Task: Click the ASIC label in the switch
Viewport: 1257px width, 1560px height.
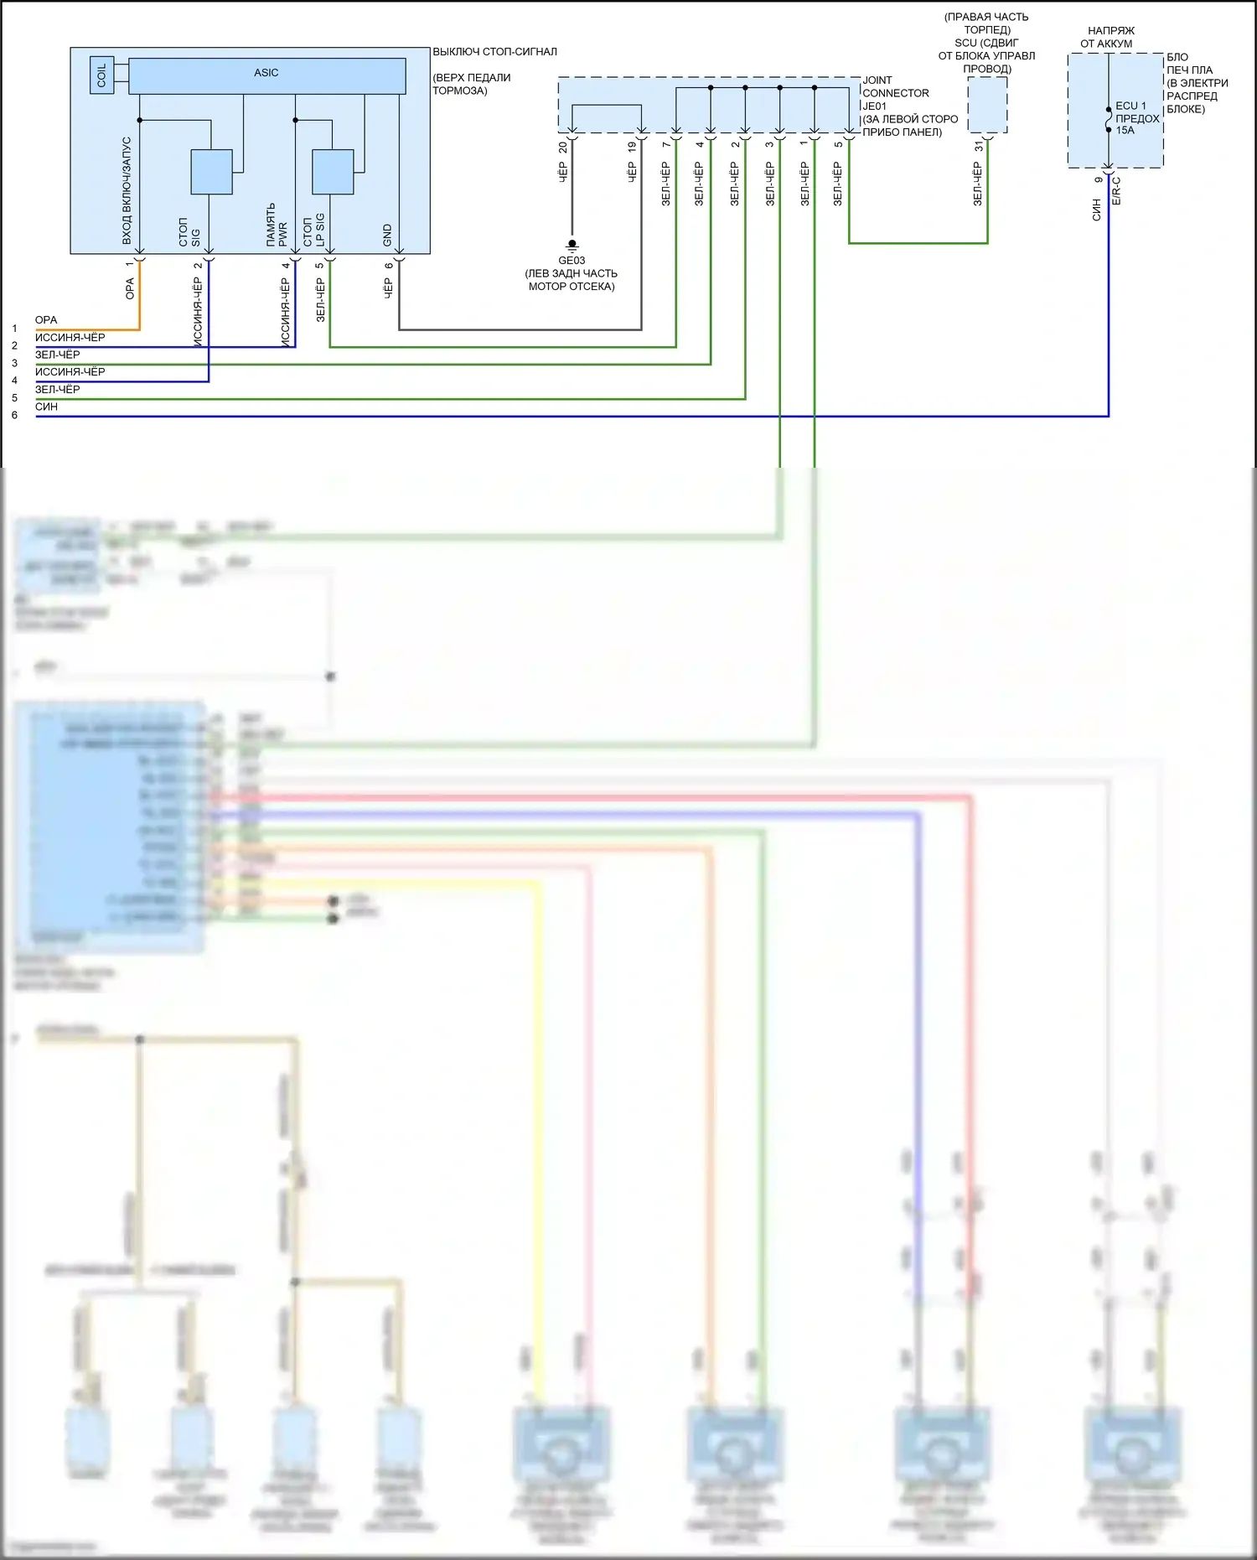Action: [266, 73]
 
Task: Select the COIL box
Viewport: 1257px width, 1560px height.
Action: [102, 75]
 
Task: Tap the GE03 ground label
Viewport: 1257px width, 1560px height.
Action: [572, 261]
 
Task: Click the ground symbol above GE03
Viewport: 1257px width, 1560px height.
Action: [572, 245]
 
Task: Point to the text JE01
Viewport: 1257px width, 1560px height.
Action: [874, 106]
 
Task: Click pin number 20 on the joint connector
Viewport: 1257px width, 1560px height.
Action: [562, 147]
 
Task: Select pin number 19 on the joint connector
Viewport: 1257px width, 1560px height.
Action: [632, 147]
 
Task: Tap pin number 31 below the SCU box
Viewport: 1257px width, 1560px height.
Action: [978, 147]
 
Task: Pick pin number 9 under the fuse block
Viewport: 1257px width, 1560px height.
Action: [1098, 179]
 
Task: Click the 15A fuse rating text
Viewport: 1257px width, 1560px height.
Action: [1125, 131]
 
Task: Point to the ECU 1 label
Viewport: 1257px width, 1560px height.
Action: [1130, 106]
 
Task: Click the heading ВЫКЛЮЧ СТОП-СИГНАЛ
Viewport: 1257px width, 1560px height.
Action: [494, 52]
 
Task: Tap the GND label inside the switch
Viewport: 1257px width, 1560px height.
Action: [387, 235]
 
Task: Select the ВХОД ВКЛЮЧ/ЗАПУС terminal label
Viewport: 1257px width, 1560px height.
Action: [127, 191]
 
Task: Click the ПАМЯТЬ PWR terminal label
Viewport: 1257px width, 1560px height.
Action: [277, 225]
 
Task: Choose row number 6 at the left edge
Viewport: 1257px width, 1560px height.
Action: [14, 415]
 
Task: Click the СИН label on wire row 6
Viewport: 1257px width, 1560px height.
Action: [46, 407]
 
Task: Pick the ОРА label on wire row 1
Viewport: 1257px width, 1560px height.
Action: [46, 320]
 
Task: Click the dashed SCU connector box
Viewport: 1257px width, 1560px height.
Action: [987, 105]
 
